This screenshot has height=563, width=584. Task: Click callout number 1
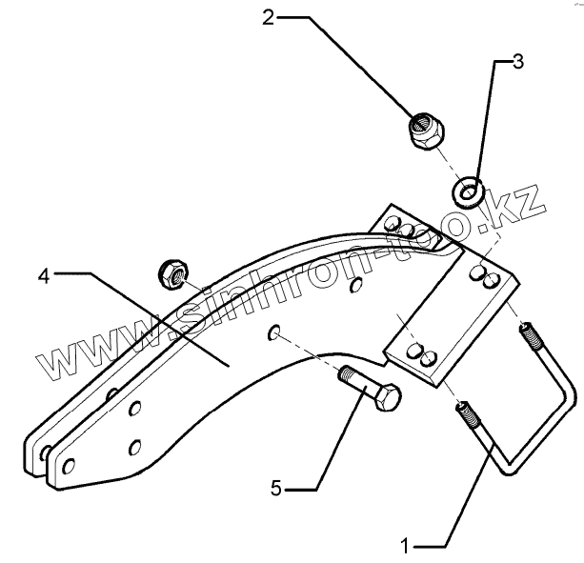pos(408,545)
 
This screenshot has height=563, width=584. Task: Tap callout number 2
pos(269,16)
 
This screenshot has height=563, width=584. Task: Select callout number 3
pos(517,63)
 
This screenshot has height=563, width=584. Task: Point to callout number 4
pos(44,275)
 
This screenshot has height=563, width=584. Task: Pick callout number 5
pos(275,489)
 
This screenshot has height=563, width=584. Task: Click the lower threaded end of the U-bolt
pos(469,415)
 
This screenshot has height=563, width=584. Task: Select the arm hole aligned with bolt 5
pos(273,332)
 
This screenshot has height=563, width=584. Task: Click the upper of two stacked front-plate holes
pos(135,410)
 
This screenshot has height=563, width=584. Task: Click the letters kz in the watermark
pos(523,205)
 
